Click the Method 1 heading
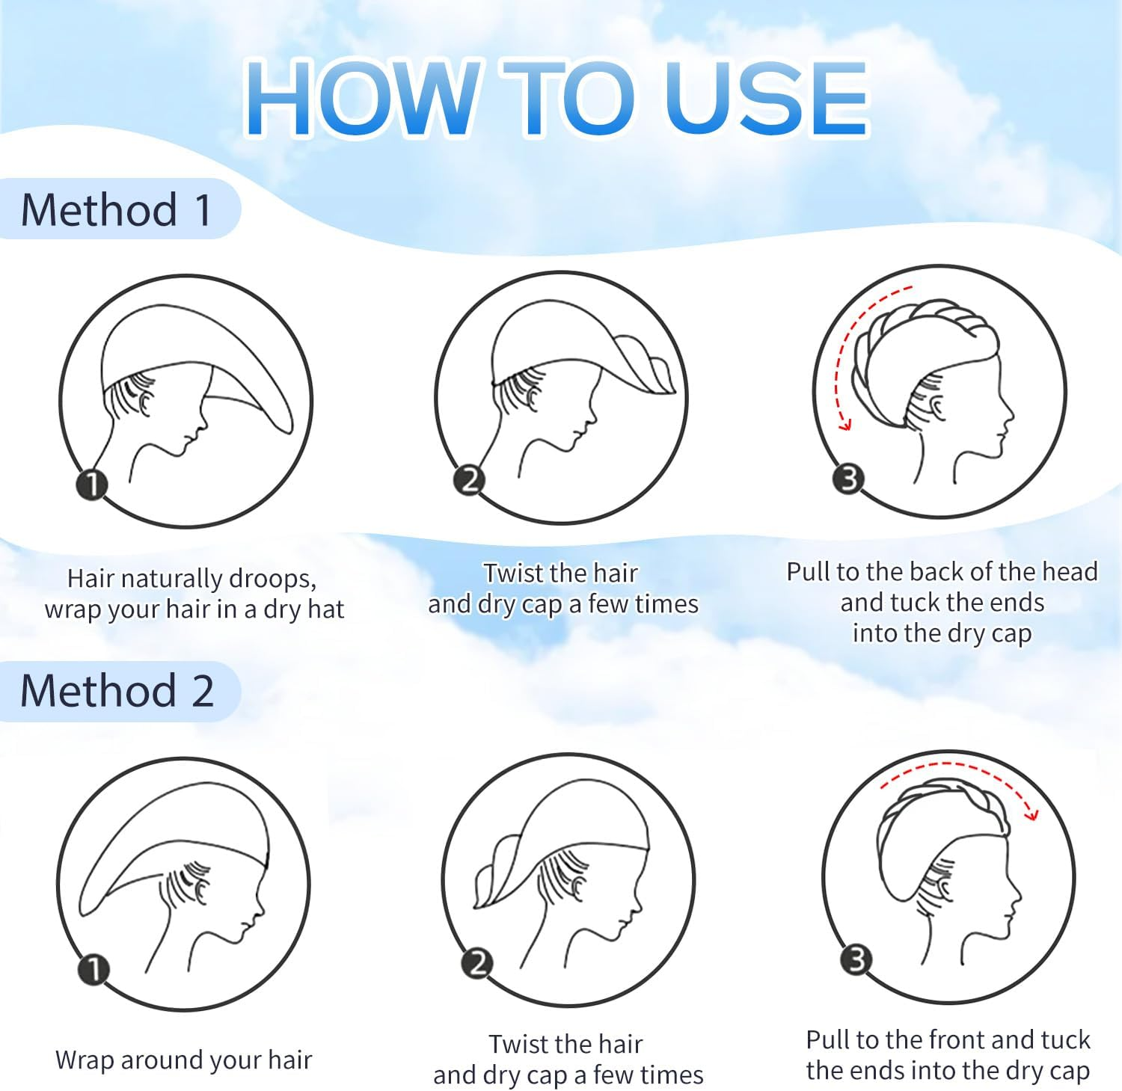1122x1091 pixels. [x=117, y=209]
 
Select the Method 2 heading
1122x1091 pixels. [x=117, y=690]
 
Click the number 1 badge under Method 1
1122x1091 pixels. [x=92, y=485]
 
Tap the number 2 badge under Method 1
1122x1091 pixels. [x=469, y=479]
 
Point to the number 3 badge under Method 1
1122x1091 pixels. [x=849, y=479]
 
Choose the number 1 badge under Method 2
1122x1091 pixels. [x=94, y=970]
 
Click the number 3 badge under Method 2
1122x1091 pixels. [x=857, y=959]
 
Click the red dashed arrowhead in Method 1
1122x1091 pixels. [x=845, y=424]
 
